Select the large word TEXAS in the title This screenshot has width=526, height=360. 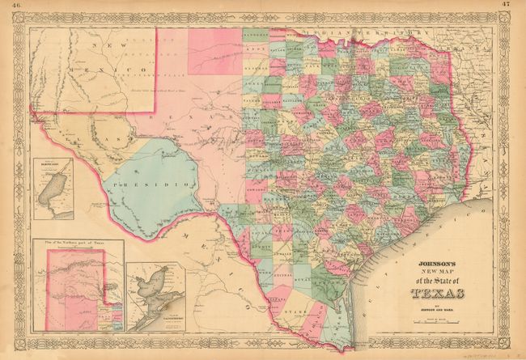(x=438, y=293)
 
